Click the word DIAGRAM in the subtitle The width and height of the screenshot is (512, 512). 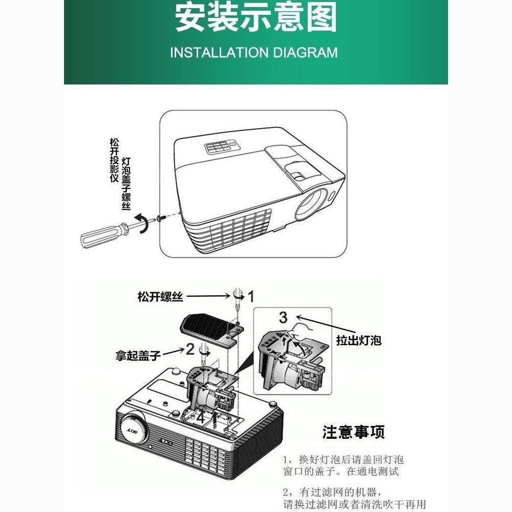[305, 53]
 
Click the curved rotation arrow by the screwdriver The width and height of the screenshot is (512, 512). [144, 223]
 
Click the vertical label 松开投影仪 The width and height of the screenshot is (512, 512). [114, 160]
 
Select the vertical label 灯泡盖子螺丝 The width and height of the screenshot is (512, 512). [126, 183]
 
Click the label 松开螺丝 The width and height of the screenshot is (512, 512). [160, 297]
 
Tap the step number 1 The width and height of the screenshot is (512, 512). [251, 296]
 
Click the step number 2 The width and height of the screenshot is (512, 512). [190, 349]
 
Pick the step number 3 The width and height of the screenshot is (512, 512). [283, 317]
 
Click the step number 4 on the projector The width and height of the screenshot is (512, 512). [200, 418]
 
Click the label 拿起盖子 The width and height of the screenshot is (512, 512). [138, 355]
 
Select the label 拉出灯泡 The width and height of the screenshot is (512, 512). [359, 340]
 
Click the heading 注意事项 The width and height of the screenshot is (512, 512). [354, 432]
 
